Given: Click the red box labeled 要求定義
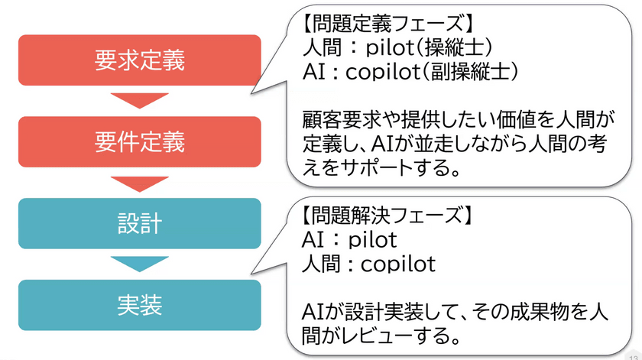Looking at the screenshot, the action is [140, 60].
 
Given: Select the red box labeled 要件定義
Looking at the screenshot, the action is [140, 141].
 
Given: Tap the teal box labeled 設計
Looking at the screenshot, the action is [140, 224].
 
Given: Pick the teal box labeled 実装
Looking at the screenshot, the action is [140, 305].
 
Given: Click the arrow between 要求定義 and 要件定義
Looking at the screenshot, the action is [140, 101].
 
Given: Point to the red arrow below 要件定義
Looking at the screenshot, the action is [140, 184].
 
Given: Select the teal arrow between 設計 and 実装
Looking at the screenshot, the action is [140, 264].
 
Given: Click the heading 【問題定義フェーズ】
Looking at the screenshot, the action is [387, 22].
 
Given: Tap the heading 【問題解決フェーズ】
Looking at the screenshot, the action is [387, 215].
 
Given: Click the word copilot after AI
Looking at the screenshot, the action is [383, 72].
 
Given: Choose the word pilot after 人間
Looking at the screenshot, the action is [391, 48].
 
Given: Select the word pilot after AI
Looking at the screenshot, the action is [373, 239].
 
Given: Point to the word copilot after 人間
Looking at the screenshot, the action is [398, 264].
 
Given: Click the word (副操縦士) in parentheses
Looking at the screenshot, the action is [470, 72].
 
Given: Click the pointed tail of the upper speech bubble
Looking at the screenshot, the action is [251, 93].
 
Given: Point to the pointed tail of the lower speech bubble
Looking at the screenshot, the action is [251, 273].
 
